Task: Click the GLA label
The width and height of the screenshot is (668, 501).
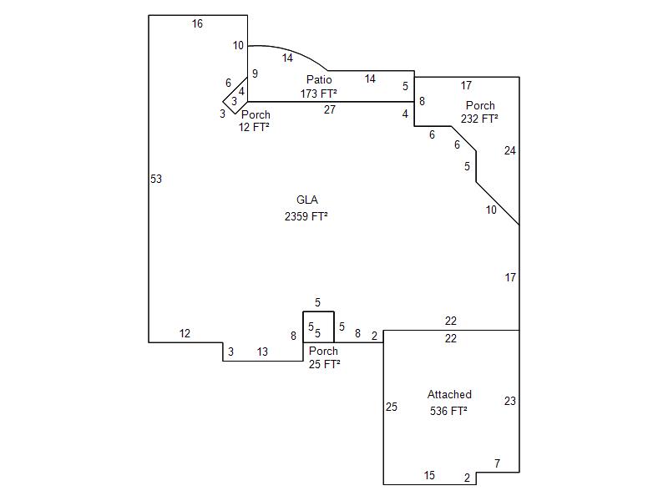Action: coord(307,200)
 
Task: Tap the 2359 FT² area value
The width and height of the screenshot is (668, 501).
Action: coord(306,216)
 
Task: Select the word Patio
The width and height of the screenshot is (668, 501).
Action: coord(319,80)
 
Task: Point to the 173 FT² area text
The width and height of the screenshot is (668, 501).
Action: coord(319,94)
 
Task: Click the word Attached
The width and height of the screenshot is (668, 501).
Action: coord(449,394)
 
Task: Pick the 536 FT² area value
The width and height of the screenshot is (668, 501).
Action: coord(448,411)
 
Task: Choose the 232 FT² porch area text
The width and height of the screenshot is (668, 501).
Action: coord(479,119)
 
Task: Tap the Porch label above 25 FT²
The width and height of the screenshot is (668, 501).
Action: coord(323,351)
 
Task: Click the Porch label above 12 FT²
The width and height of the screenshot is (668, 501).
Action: coord(256,114)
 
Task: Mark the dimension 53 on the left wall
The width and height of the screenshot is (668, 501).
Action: coord(156,179)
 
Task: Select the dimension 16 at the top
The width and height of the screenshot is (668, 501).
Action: coord(197,23)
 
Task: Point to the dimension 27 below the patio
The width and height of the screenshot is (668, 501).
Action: coord(330,109)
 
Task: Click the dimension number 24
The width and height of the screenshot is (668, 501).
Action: coord(510,150)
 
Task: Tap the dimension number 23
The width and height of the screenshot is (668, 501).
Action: coord(510,401)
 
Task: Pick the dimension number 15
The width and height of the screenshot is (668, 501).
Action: coord(429,475)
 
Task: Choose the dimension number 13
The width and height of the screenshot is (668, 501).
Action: coord(263,352)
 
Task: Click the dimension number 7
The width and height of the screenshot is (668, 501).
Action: coord(497,463)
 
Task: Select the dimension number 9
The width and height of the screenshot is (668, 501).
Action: coord(255,73)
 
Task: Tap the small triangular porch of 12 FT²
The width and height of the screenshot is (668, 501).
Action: coord(235,101)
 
